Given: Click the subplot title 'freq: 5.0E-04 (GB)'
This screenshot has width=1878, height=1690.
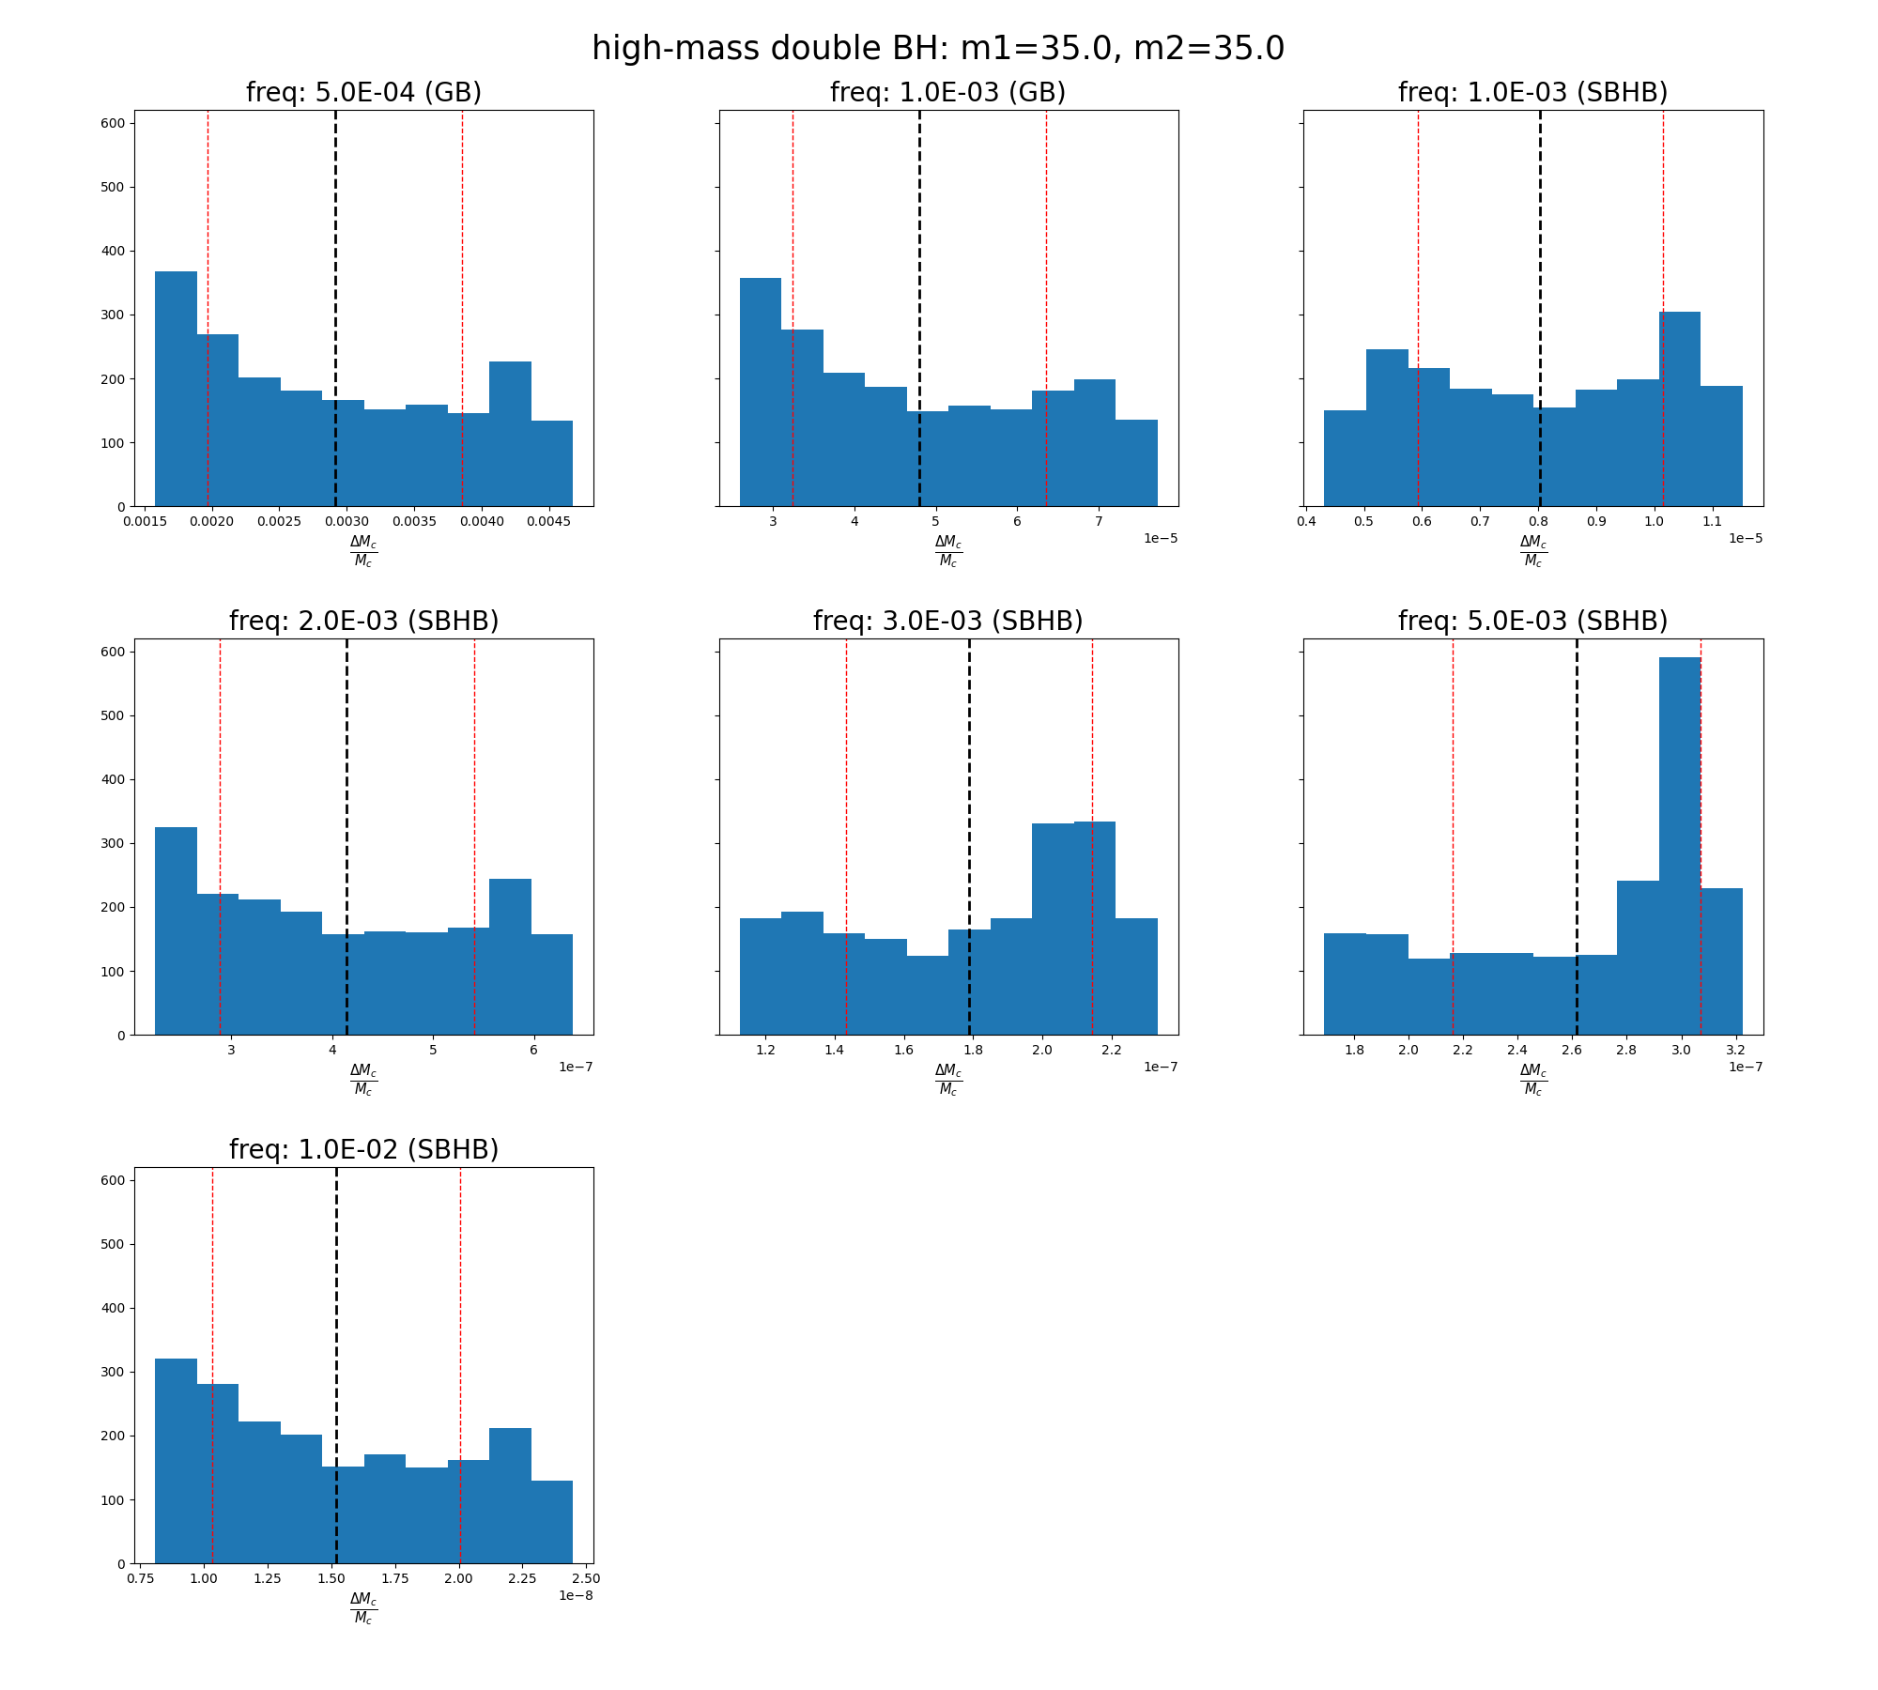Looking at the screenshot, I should point(363,93).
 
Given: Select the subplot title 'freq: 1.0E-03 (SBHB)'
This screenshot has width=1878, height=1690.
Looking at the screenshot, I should point(1532,93).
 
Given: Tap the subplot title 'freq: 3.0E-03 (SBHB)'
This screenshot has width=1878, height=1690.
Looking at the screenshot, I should point(947,622).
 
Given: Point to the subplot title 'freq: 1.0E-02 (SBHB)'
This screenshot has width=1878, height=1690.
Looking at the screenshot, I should point(363,1150).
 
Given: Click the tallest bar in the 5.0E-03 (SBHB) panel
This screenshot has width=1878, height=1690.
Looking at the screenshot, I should point(1679,845).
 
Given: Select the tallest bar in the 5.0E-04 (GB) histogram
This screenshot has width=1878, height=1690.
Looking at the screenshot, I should point(176,390).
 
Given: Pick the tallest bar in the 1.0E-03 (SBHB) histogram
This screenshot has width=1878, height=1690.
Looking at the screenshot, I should point(1679,409).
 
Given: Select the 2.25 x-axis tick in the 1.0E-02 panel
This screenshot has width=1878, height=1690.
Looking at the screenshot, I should point(522,1578).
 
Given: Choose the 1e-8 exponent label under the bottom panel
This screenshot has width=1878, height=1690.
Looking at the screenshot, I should point(576,1595).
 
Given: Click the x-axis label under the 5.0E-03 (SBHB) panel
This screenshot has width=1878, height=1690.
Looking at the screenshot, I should point(1532,1079).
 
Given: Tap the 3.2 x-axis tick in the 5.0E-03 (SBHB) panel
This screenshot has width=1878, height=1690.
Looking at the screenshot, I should point(1735,1050).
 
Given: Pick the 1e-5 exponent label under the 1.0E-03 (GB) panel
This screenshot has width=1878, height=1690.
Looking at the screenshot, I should point(1161,538).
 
